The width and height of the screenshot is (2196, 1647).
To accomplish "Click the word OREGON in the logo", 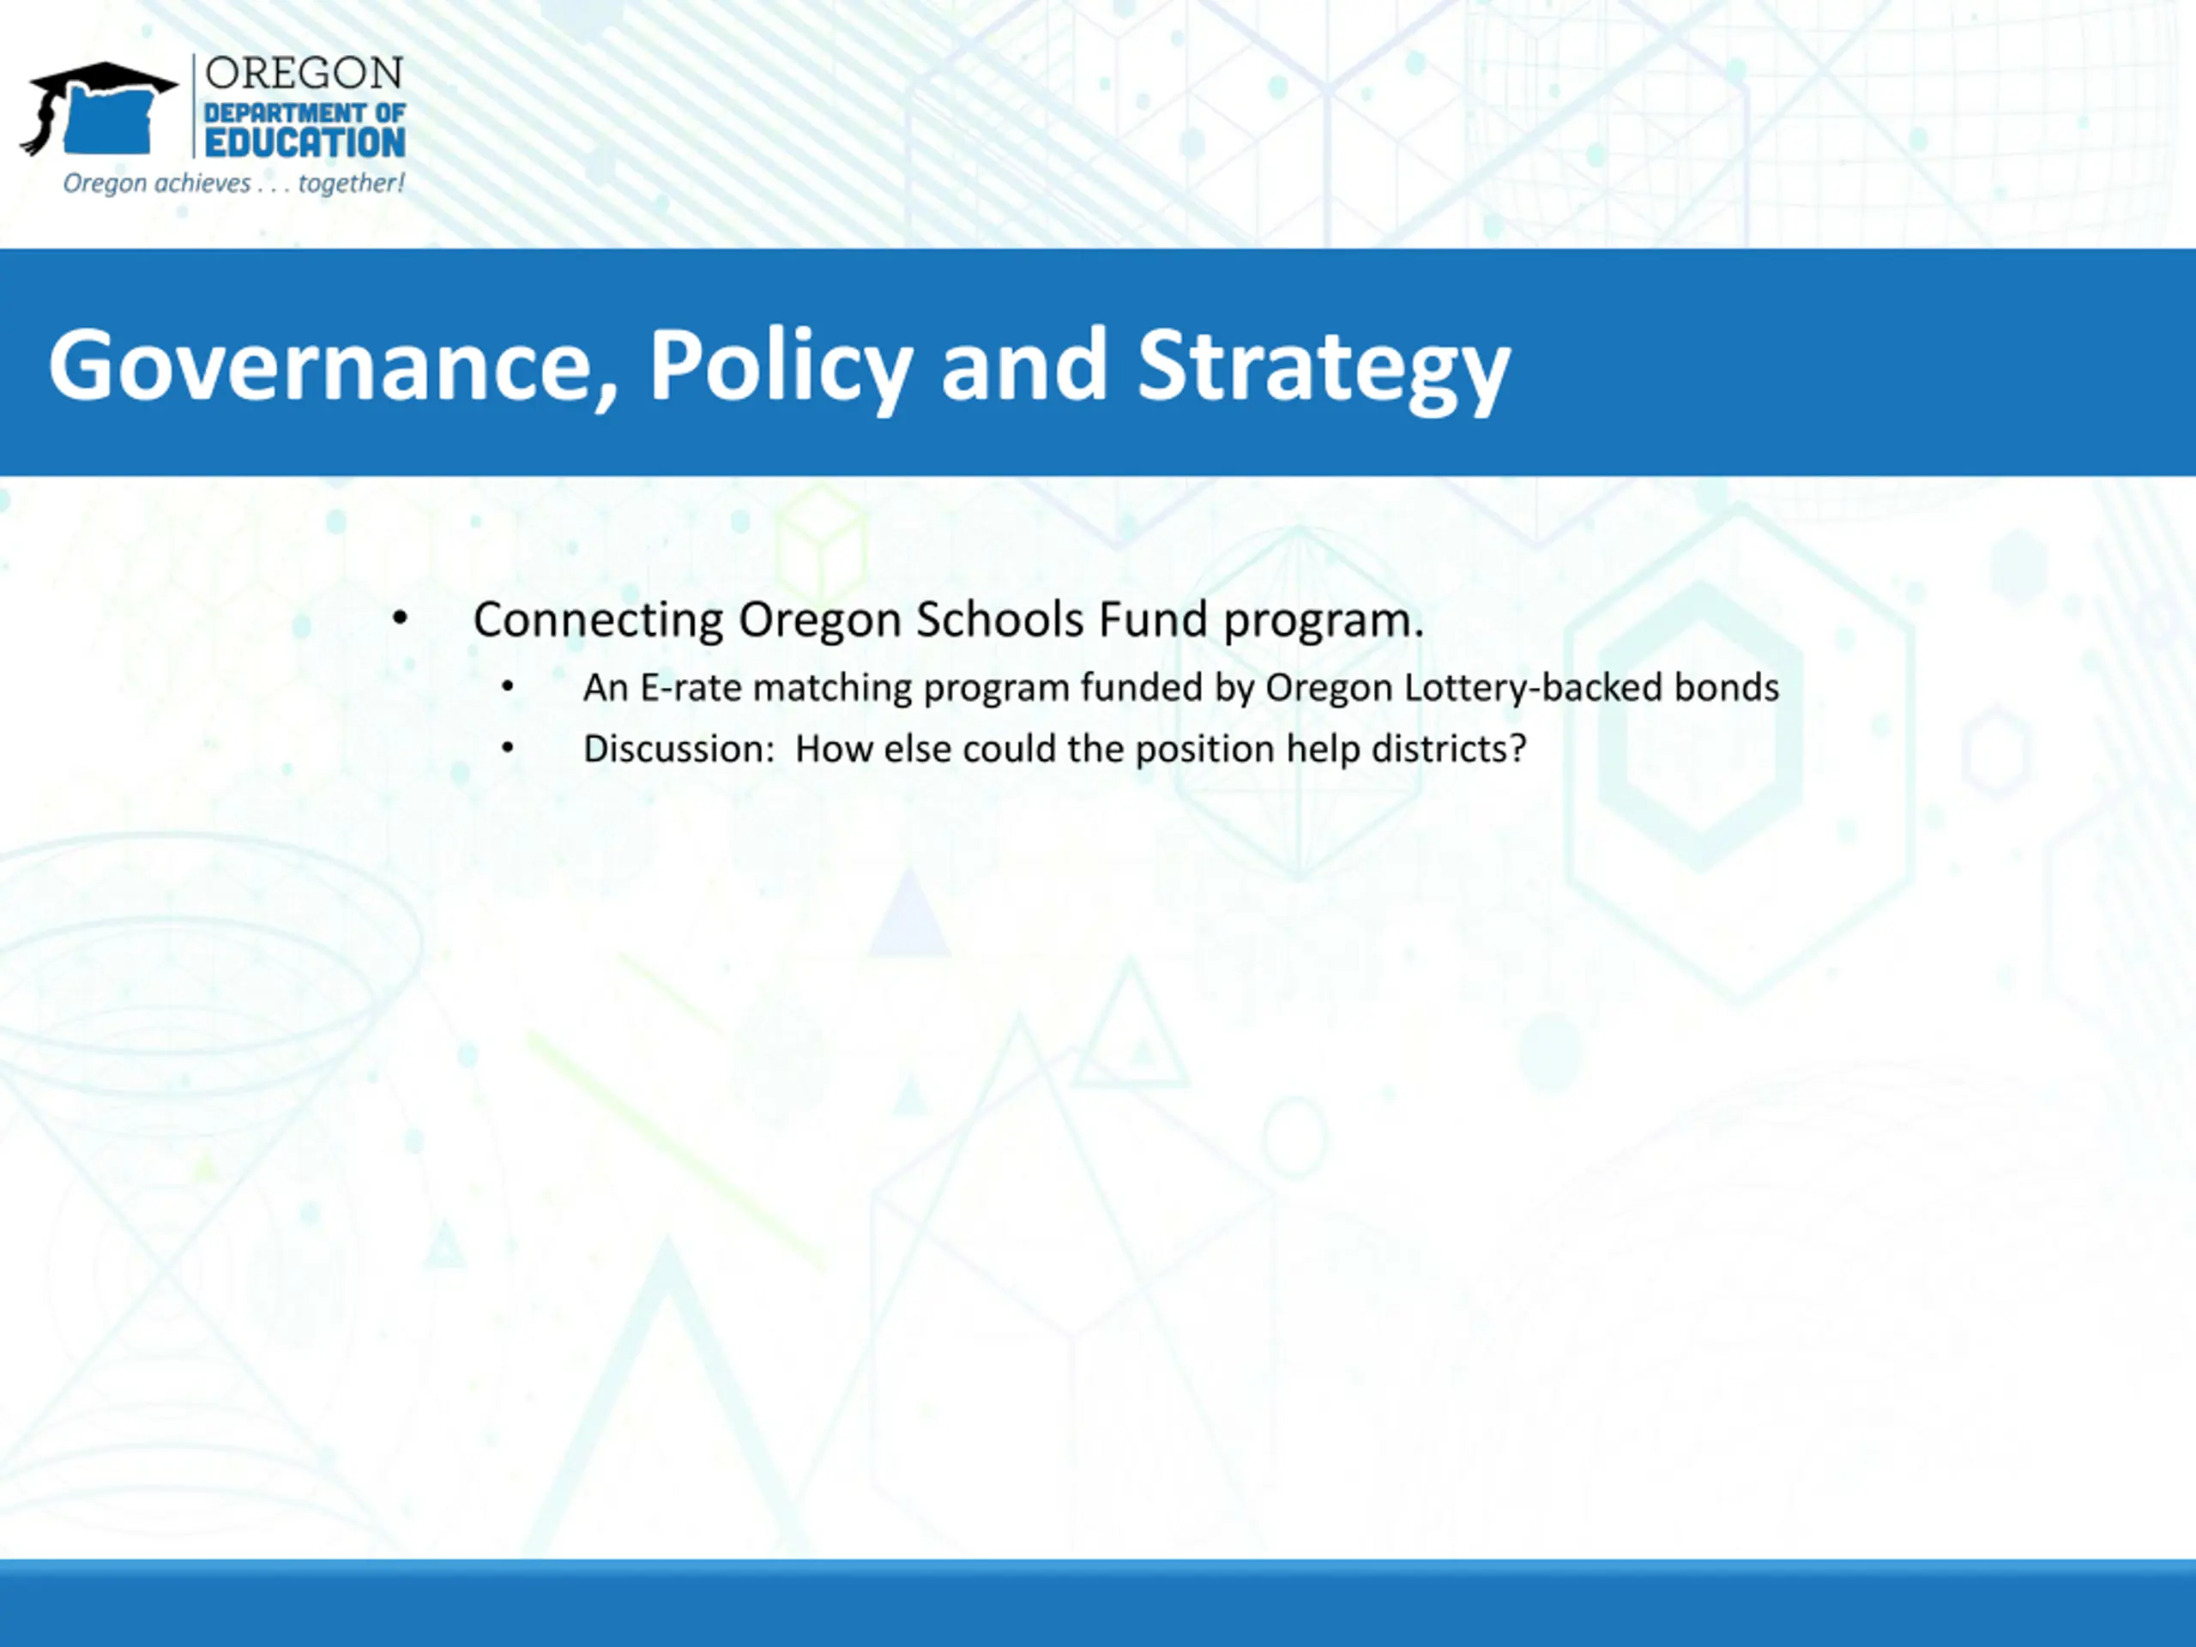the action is click(304, 74).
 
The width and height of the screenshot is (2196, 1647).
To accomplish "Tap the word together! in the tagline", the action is click(352, 184).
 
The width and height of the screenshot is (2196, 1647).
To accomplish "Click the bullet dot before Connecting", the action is click(400, 619).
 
